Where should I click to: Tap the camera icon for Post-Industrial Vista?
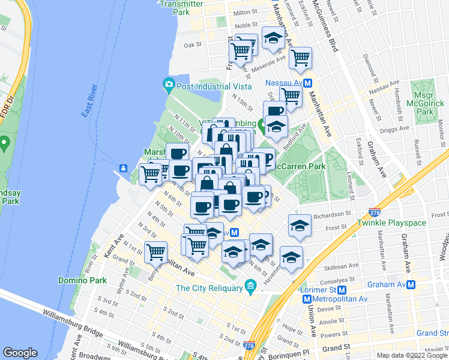(x=169, y=84)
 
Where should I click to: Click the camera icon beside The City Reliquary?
(x=250, y=288)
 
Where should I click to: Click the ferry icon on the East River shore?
(x=123, y=168)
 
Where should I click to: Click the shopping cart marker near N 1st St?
(x=156, y=251)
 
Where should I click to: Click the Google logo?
(x=20, y=353)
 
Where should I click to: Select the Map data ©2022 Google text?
(x=412, y=355)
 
